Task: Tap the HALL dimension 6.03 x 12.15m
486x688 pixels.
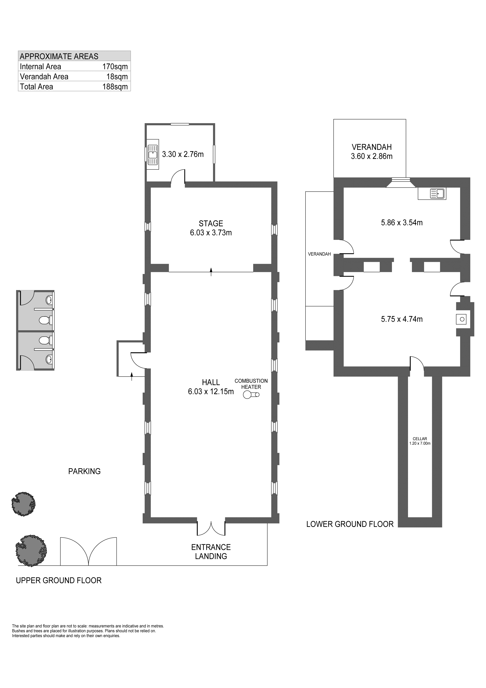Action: [211, 391]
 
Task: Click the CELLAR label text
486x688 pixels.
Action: [420, 439]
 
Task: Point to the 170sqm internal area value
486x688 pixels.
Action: [115, 66]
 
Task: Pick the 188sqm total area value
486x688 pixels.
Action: [115, 87]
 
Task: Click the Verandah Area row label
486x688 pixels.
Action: [44, 77]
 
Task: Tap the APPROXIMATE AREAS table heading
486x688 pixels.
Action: [59, 56]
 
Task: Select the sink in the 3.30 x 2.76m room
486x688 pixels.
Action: [153, 154]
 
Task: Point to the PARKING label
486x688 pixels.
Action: [84, 471]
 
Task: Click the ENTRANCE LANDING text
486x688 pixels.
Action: [211, 552]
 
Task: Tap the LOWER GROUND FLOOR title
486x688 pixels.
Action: [350, 524]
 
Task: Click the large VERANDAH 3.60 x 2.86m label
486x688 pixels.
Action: [372, 152]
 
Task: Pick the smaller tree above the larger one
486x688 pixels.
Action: [23, 504]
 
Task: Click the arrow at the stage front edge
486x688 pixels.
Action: [211, 272]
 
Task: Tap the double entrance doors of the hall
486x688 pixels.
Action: [211, 528]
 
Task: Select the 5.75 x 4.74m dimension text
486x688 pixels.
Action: [402, 319]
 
